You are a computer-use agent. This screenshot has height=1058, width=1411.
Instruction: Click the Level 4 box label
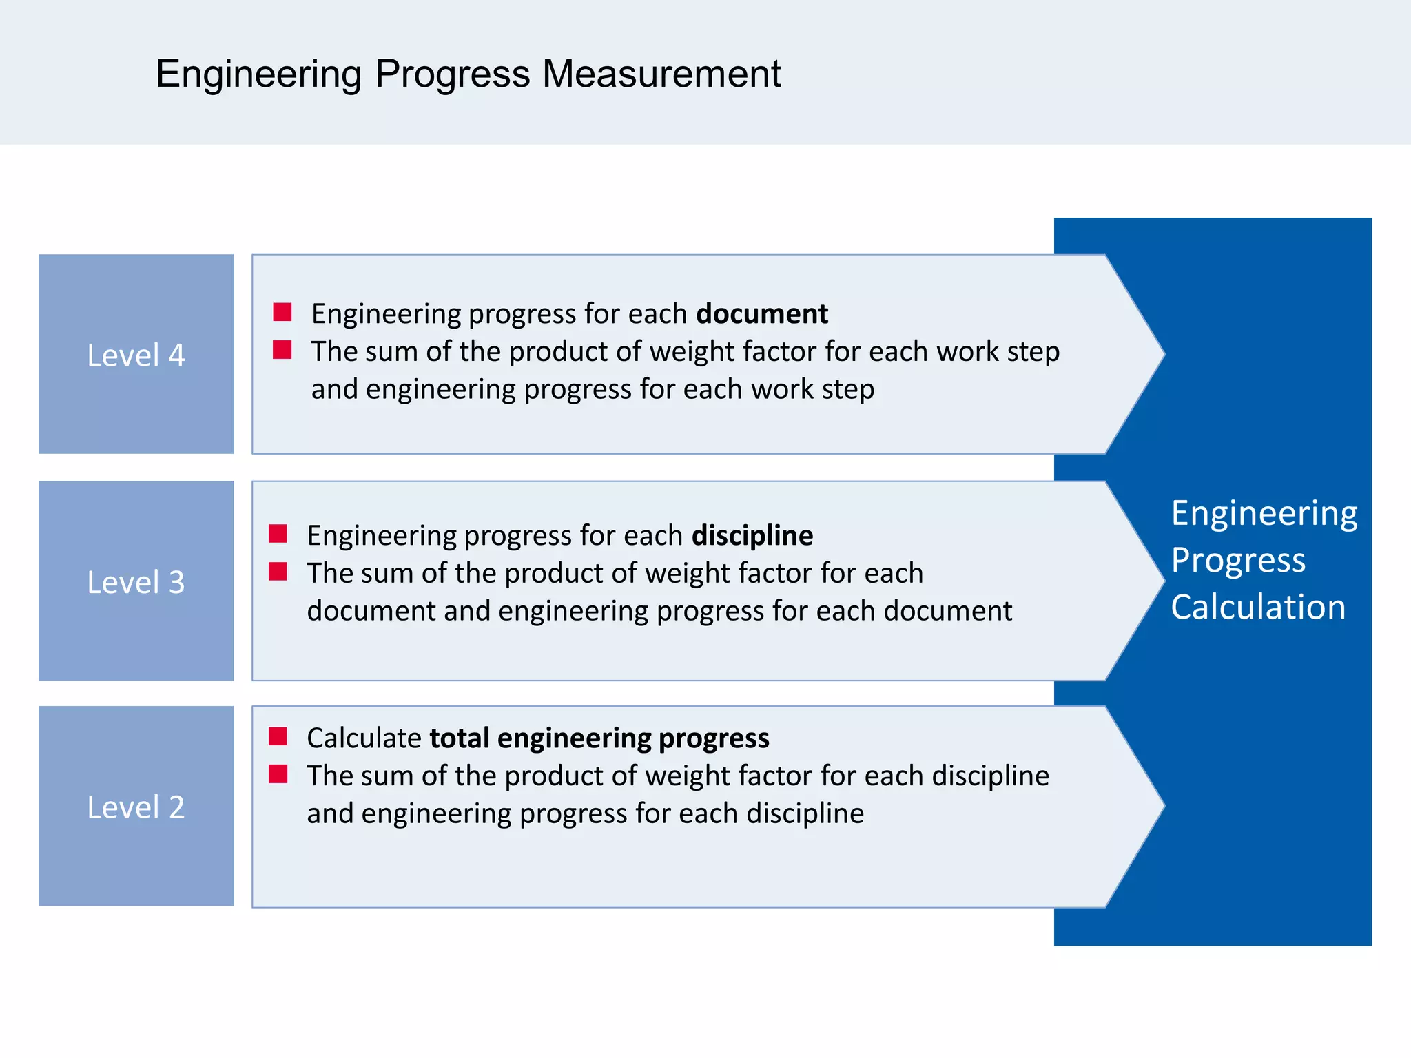tap(136, 355)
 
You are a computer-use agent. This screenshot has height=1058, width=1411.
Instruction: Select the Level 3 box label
tap(136, 582)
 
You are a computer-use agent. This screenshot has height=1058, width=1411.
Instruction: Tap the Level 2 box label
tap(136, 807)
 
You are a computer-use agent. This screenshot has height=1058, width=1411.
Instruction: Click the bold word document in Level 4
tap(761, 314)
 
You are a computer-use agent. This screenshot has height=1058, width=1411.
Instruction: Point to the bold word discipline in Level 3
tap(752, 536)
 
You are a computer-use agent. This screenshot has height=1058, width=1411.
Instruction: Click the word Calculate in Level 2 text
tap(364, 738)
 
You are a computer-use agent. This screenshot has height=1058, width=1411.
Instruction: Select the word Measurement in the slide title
tap(661, 74)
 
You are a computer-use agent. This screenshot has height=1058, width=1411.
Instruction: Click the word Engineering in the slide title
tap(258, 74)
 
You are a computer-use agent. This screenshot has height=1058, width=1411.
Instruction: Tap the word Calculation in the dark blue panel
tap(1258, 608)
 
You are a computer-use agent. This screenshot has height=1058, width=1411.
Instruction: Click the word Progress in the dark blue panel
tap(1238, 560)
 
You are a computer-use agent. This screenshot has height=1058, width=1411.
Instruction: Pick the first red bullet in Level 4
tap(282, 312)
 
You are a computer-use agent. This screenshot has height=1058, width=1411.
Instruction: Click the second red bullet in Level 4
tap(282, 350)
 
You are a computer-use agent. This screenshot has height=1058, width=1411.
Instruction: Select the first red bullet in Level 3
tap(278, 534)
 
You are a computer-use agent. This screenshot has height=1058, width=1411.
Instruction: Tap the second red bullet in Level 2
tap(278, 774)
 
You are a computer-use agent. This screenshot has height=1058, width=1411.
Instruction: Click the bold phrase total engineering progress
tap(599, 738)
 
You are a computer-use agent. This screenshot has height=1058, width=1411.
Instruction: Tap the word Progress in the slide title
tap(452, 74)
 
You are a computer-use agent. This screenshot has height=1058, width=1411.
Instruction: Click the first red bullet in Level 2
tap(278, 736)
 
